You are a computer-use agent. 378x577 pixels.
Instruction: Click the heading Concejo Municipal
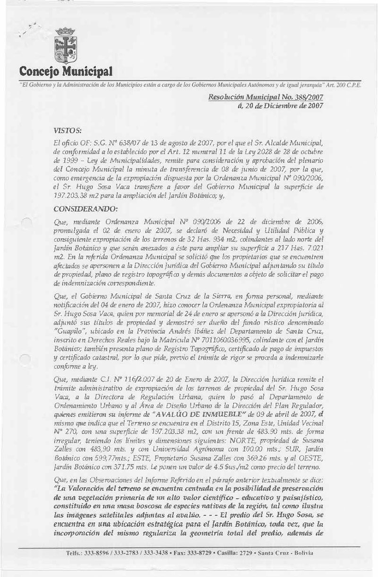[x=66, y=73]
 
